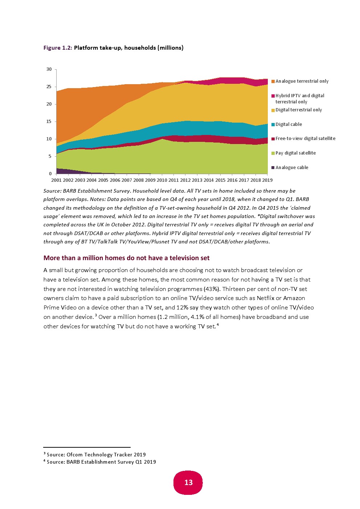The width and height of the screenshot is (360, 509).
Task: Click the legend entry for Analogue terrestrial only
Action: (x=302, y=81)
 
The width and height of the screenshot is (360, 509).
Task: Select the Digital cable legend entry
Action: (x=289, y=124)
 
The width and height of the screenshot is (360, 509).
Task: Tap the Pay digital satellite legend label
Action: (x=295, y=153)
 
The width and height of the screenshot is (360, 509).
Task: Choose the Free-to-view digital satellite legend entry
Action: (x=305, y=139)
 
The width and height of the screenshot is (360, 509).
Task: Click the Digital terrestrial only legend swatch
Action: (x=273, y=110)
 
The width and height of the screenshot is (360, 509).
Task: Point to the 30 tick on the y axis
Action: (x=49, y=69)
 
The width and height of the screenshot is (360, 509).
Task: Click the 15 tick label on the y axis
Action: (x=49, y=122)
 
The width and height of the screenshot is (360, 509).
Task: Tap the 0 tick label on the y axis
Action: (x=50, y=174)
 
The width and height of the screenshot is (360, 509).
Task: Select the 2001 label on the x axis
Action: (x=57, y=180)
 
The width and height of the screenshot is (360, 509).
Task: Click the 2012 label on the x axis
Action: (x=185, y=180)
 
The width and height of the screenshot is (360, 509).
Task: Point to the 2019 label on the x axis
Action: (x=267, y=180)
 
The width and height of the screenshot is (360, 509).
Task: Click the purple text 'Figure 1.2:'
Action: (x=58, y=48)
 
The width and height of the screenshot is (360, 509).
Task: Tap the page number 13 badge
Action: (x=188, y=483)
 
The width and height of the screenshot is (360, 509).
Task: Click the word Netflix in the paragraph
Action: (x=265, y=298)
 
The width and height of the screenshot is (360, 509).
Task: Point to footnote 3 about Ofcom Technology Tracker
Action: (x=96, y=455)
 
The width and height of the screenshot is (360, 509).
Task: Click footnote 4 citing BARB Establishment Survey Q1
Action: (x=101, y=462)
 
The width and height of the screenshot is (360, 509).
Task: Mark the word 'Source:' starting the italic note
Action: (x=52, y=191)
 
